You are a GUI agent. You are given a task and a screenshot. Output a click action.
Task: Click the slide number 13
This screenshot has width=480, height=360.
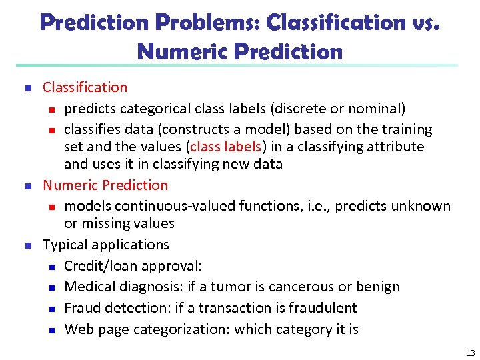(x=470, y=353)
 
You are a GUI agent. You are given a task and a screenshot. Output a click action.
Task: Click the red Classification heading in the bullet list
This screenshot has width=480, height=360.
(x=85, y=87)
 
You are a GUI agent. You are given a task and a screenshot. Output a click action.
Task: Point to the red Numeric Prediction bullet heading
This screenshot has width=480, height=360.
(x=105, y=185)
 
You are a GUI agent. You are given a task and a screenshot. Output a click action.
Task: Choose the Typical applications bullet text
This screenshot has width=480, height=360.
(x=106, y=245)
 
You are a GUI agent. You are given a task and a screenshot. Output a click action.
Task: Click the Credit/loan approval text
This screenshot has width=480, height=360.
(x=133, y=266)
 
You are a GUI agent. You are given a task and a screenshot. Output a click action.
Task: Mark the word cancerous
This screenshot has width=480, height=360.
(x=294, y=287)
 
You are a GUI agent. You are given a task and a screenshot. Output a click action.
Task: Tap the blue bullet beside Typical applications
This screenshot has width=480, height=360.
(x=27, y=245)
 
